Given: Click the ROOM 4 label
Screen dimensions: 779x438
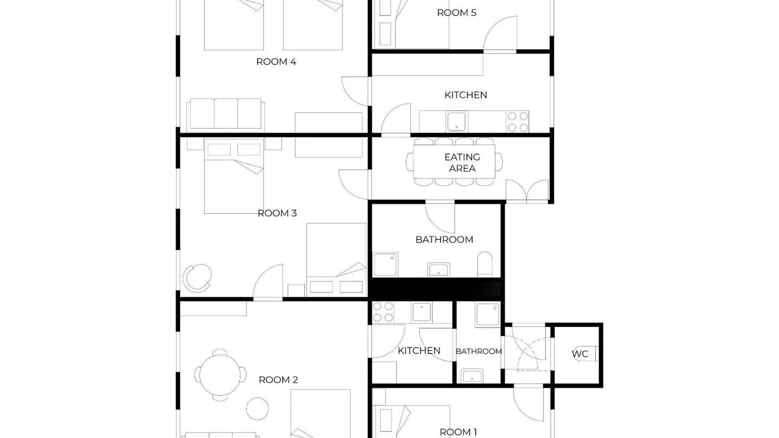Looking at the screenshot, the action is coord(276,62).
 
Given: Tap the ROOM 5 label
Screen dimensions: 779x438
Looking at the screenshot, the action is coord(456,13).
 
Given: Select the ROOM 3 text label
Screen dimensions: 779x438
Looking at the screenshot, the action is coord(277,213).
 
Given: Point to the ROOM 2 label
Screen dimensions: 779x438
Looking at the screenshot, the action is coord(278,380).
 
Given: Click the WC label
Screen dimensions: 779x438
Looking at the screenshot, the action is coord(580,354).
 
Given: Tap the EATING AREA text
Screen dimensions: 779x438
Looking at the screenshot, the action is coord(462,163).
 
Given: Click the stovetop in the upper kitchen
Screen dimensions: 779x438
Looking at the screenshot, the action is coord(518,122).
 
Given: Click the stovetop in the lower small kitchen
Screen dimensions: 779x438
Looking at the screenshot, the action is coord(383,312).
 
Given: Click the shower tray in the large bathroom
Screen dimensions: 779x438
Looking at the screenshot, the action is coord(385,264).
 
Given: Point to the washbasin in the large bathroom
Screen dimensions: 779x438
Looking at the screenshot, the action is coord(439,270).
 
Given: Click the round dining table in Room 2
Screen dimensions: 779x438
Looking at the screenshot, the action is coord(220,375).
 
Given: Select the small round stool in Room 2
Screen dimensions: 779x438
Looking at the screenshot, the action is coord(257,408).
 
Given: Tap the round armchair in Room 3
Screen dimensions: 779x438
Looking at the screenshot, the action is coord(198,278).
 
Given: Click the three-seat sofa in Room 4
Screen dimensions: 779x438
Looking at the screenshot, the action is coord(226,114).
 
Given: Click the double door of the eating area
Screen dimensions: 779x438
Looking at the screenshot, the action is coord(527,191).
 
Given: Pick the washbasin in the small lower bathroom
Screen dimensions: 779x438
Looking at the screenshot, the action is coord(472,376).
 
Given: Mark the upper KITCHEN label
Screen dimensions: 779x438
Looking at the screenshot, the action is coord(465,95).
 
